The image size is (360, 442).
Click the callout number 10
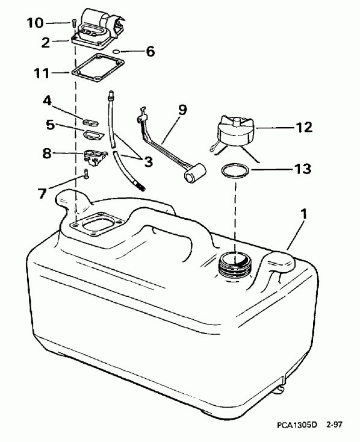36,23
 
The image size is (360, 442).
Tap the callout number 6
149,52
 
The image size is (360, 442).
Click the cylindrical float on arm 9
193,175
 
